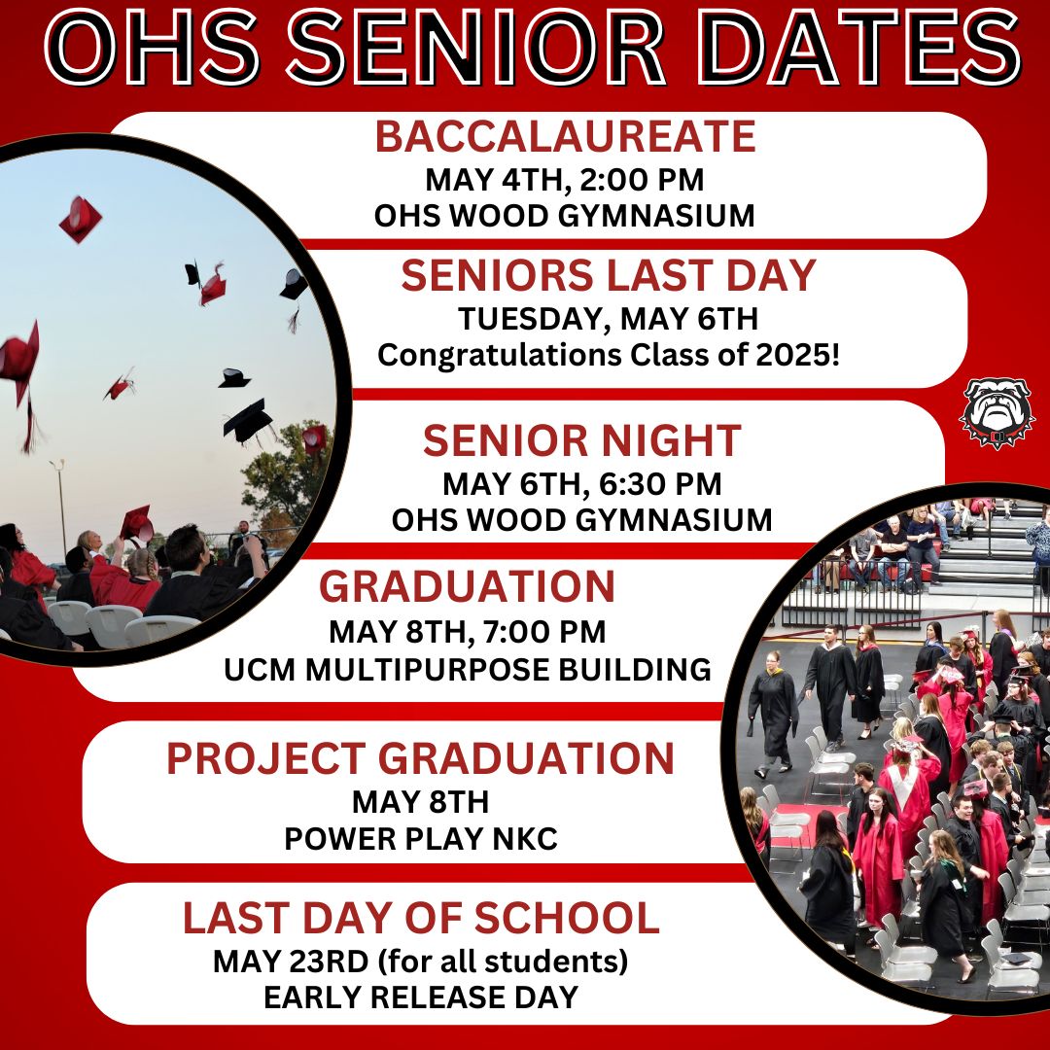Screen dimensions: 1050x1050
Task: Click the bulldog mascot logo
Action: coord(997,414)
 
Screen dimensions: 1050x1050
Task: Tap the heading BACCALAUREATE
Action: coord(565,137)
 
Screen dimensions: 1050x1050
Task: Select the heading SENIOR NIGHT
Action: coord(581,441)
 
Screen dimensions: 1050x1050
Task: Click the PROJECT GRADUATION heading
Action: coord(420,759)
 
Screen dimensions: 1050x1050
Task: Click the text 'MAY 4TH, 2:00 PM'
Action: coord(564,181)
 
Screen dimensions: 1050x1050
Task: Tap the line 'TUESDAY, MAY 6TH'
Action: coord(609,318)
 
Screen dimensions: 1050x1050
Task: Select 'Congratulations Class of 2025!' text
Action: coord(609,355)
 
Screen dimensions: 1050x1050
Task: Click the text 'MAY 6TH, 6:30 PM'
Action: coord(581,483)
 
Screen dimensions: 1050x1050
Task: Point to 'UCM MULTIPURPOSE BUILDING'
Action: coord(468,669)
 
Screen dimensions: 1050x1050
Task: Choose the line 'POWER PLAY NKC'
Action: coord(421,839)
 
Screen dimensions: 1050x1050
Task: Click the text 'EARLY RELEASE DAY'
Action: coord(421,997)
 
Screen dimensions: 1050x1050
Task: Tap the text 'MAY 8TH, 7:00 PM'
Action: coord(468,633)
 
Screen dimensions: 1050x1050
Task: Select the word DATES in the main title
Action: coord(864,49)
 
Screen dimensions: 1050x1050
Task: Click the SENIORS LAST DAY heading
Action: coord(609,277)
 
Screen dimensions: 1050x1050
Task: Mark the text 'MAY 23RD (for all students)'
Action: coord(421,962)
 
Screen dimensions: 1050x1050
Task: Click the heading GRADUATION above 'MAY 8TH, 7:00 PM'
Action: coord(468,587)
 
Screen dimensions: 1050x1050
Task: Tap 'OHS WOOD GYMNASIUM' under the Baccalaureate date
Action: coord(564,216)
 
